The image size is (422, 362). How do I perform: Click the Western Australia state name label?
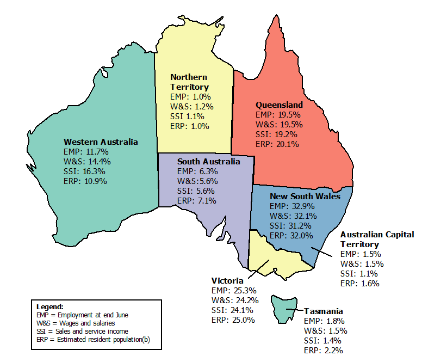point(101,142)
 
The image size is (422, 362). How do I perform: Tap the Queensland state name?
point(279,105)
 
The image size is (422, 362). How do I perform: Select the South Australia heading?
point(208,162)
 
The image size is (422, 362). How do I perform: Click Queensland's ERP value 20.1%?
point(288,144)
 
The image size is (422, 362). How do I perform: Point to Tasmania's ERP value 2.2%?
point(333,350)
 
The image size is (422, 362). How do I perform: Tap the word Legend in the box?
point(50,306)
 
